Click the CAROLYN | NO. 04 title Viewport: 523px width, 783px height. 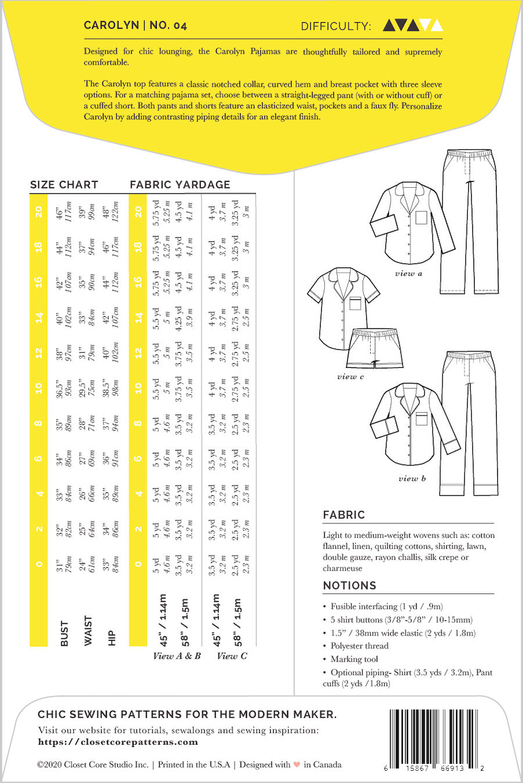coord(135,25)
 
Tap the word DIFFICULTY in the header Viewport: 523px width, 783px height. coord(335,26)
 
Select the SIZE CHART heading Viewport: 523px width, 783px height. coord(64,185)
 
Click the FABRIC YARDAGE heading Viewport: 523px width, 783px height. coord(180,185)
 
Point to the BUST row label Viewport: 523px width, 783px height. coord(64,633)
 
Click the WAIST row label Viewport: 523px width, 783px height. coord(88,630)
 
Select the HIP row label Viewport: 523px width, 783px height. coord(112,638)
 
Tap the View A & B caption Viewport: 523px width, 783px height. coord(177,656)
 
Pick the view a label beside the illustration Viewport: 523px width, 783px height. coord(409,273)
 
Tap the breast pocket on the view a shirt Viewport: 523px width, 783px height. coord(421,217)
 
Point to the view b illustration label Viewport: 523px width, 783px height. coord(412,478)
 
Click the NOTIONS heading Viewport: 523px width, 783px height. coord(349,585)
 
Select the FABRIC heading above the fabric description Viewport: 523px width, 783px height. coord(344,514)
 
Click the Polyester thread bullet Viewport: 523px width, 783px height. coord(359,646)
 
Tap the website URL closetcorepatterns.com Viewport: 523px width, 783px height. coord(118,742)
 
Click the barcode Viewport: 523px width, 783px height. coord(434,735)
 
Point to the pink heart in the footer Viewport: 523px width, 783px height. coord(297,765)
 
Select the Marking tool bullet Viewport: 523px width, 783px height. coord(354,659)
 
